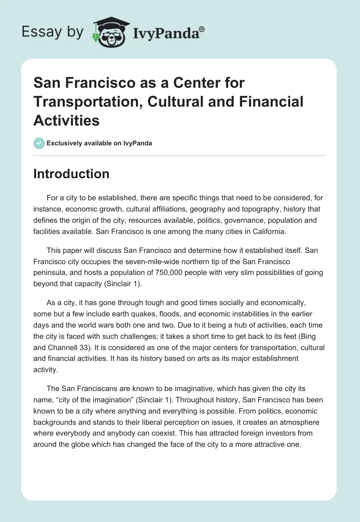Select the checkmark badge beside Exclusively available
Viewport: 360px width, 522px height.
click(x=39, y=143)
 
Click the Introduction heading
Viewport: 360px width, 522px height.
click(x=71, y=174)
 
